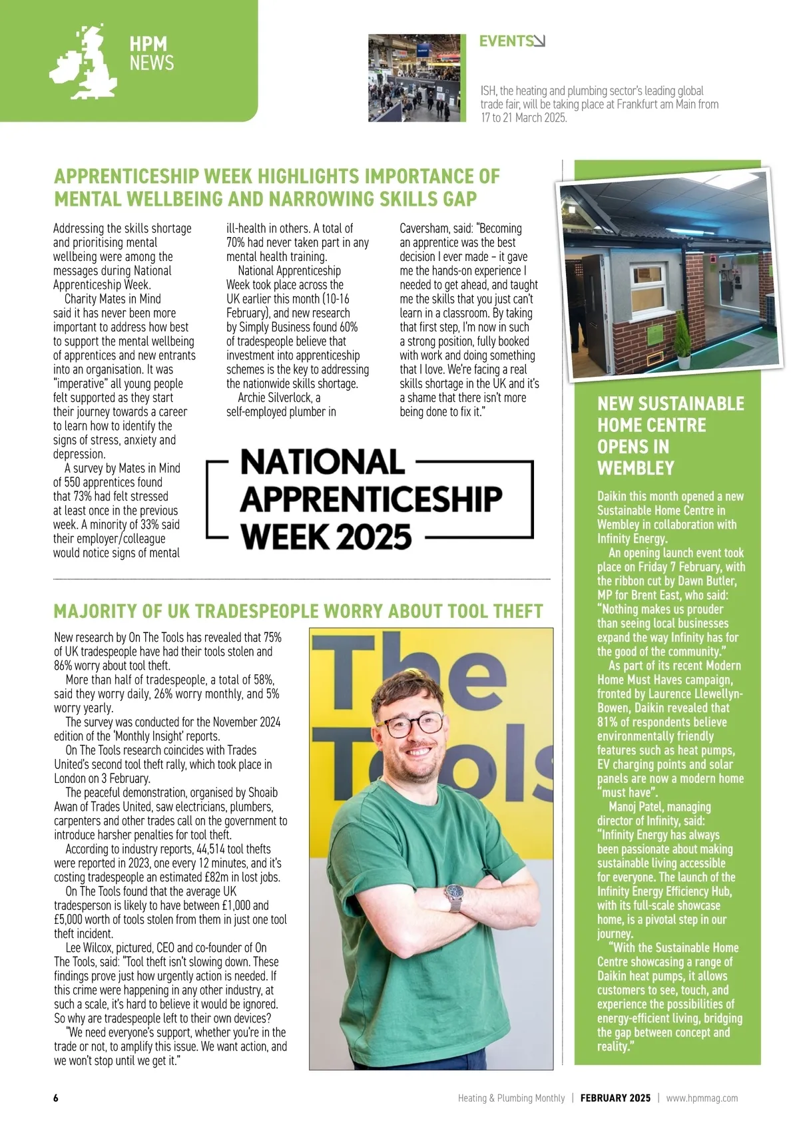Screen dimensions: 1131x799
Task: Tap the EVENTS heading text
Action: pos(505,41)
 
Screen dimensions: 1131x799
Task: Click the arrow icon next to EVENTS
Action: pos(539,41)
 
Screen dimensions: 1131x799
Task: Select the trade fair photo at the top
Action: pos(417,78)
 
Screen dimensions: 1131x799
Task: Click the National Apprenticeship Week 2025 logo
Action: pos(370,499)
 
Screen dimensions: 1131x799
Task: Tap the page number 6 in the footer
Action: pos(56,1098)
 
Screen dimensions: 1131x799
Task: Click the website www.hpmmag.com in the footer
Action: pos(702,1098)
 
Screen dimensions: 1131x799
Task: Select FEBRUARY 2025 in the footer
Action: pos(615,1098)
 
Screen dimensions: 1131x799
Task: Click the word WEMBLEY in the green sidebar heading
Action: pos(636,468)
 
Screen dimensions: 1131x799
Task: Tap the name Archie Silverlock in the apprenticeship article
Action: pos(274,397)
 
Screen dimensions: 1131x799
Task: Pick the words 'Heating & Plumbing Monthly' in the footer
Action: pos(511,1098)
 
